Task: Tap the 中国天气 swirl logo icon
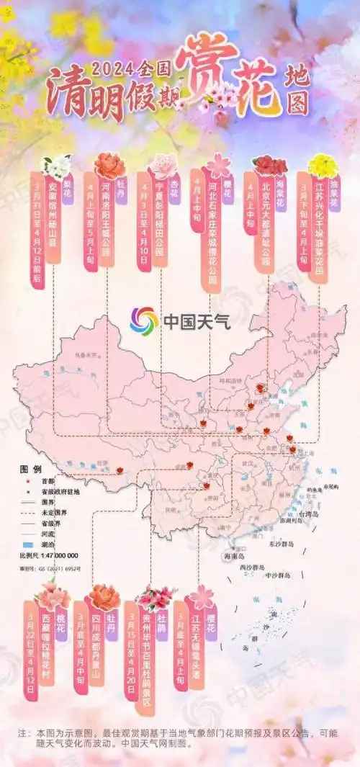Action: (143, 320)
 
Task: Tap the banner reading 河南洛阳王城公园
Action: (107, 220)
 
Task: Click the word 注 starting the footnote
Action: (22, 733)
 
